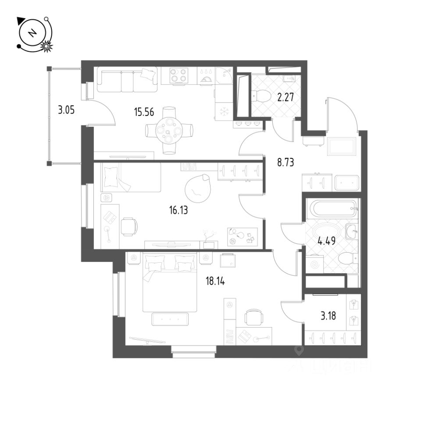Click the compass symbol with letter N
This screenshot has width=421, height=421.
click(x=32, y=33)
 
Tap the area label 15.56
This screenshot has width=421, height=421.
click(x=144, y=112)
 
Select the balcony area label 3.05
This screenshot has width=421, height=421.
click(x=66, y=110)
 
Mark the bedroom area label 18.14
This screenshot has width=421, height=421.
click(x=215, y=281)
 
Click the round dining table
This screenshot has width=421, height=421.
click(x=169, y=130)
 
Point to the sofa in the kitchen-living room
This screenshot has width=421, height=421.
click(x=127, y=79)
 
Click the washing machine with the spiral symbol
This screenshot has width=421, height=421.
click(x=314, y=265)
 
